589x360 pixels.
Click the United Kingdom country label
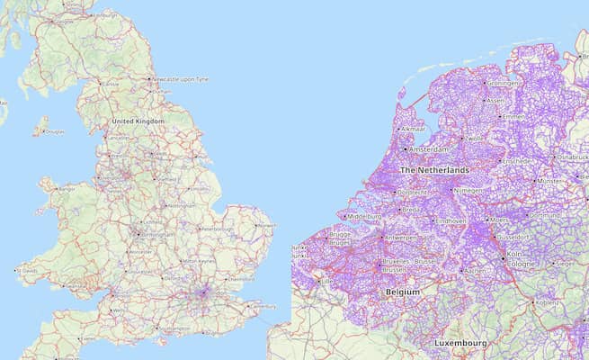coord(138,121)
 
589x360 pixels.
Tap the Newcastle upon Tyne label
coord(181,79)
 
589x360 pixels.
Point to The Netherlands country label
coord(434,169)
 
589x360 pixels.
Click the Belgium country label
coord(403,292)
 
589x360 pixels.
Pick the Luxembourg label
coord(460,343)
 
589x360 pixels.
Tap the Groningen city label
coord(504,83)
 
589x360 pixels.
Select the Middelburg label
coord(364,217)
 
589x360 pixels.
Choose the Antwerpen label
coord(401,238)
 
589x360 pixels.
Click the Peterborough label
coord(218,229)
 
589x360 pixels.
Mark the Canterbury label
coord(263,306)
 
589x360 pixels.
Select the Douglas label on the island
coord(55,131)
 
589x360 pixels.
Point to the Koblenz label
coord(549,302)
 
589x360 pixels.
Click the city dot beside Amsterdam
coord(406,148)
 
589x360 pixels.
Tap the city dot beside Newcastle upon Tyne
coord(149,79)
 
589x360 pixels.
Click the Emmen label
coord(513,117)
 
